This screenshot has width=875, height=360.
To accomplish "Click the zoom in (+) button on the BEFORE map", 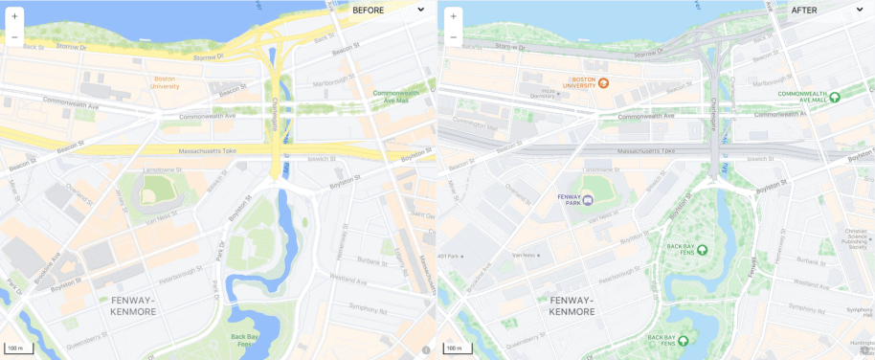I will coord(14,16).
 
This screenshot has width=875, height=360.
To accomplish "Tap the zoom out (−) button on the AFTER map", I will coord(453,37).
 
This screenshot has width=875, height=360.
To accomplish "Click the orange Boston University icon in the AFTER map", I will coord(604,82).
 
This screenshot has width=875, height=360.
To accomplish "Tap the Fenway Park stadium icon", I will coord(589,199).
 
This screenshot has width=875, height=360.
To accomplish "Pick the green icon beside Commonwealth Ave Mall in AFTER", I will coord(834,97).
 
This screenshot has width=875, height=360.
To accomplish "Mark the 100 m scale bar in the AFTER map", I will coord(456,348).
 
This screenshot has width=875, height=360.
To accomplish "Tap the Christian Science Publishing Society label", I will coord(855,236).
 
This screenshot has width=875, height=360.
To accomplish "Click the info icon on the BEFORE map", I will coord(426,349).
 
